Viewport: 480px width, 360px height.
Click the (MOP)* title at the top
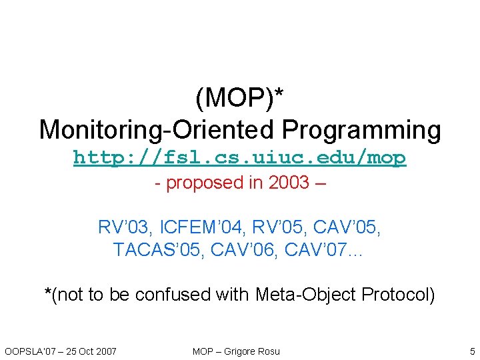[x=239, y=99]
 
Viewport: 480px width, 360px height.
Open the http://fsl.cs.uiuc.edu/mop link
[x=239, y=158]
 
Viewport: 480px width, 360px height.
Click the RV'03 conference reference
[x=123, y=227]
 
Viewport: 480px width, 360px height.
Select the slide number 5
[x=472, y=351]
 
